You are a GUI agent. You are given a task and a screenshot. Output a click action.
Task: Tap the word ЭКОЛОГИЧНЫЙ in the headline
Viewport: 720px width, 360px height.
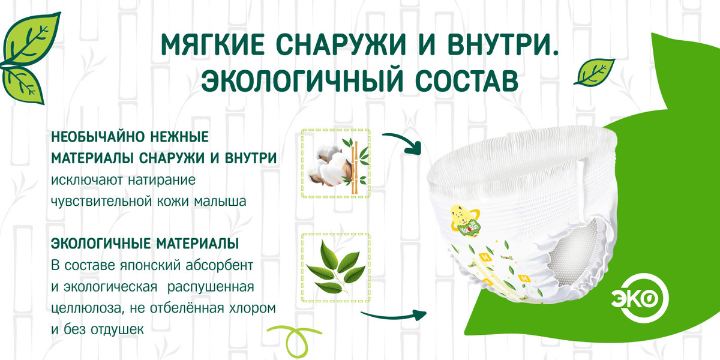tap(302, 80)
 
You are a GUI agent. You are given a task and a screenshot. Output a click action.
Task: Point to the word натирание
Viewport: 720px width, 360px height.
tap(161, 181)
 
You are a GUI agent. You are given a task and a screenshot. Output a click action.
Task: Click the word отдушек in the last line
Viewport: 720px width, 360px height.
tap(118, 330)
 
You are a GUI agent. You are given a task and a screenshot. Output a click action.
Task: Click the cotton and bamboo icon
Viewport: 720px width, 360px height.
tap(336, 163)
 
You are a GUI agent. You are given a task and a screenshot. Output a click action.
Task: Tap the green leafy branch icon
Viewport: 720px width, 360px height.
tap(336, 268)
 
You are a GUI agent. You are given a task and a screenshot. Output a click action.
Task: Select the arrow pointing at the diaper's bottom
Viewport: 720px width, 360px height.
tap(394, 316)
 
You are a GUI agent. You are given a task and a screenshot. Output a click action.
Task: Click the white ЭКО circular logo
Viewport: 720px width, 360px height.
tap(640, 298)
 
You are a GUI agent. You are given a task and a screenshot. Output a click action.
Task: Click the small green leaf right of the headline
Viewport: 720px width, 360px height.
tap(595, 73)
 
